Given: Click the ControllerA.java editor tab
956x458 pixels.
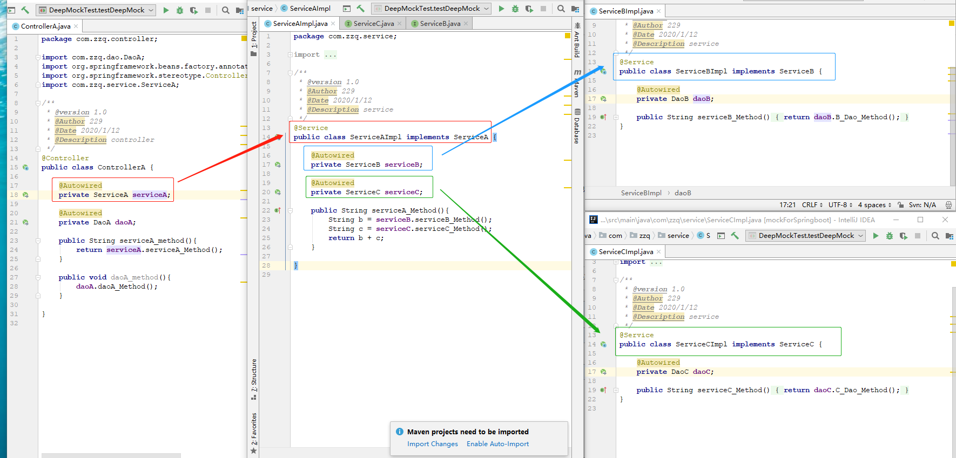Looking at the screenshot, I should coord(45,26).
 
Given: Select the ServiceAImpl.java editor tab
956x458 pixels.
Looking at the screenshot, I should coord(300,24).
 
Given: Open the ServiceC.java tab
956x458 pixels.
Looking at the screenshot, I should coord(373,24).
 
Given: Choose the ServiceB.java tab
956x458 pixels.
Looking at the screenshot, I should coord(440,24).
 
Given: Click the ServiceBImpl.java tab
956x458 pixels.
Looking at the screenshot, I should coord(625,11).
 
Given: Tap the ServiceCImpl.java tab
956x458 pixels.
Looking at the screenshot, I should coord(625,252).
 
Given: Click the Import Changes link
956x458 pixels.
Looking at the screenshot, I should coord(432,444).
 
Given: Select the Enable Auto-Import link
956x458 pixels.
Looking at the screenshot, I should coord(497,444).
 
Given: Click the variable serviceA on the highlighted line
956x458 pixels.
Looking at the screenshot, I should coord(150,195).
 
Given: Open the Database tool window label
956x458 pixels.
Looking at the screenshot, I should coord(577,127).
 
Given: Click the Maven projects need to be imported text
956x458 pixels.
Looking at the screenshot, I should coord(468,432).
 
